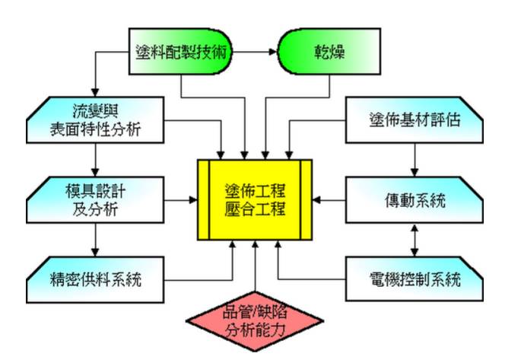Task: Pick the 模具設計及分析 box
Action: tap(97, 200)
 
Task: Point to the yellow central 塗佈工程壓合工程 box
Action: tap(255, 199)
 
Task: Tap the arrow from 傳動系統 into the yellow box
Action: tap(332, 200)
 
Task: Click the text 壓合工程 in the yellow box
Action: tap(255, 209)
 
